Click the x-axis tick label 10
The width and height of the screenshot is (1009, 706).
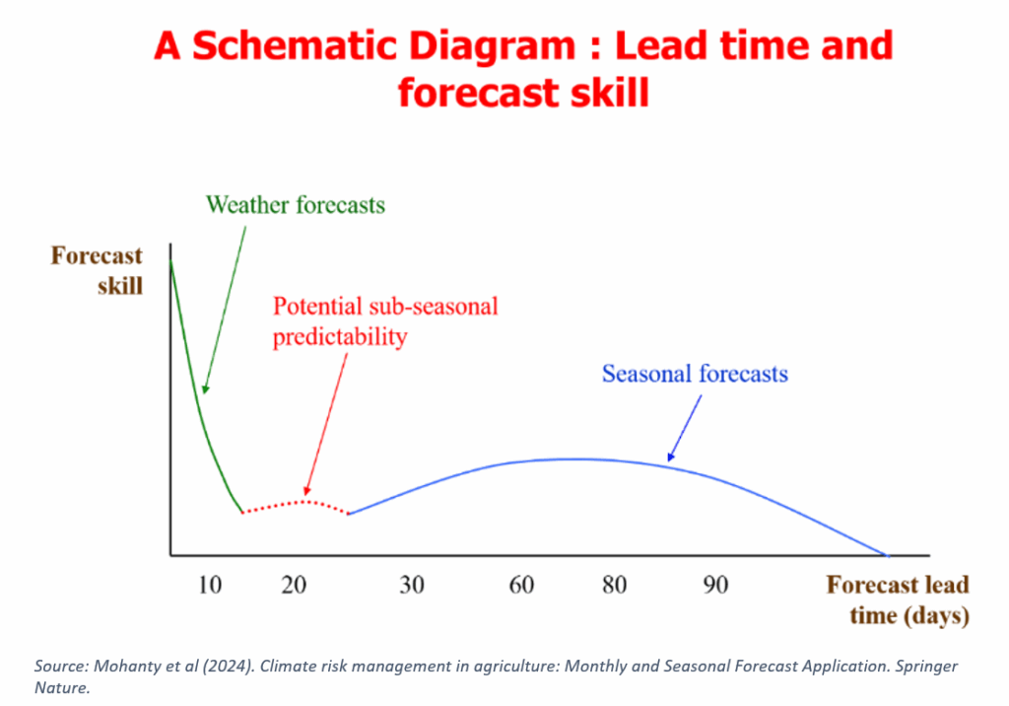tap(210, 585)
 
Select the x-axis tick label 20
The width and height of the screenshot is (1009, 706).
tap(294, 585)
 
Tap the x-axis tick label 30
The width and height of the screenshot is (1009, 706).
tap(412, 585)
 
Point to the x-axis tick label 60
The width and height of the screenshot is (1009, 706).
tap(521, 585)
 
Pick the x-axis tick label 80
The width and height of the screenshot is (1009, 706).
tap(615, 585)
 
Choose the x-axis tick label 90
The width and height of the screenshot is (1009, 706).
tap(716, 585)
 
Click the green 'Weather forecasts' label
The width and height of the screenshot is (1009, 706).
tap(295, 205)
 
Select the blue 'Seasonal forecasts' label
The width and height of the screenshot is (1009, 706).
tap(695, 374)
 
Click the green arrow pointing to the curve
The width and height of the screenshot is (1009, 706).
tap(225, 307)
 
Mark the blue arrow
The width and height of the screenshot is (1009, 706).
tap(685, 428)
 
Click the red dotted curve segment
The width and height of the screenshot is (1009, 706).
tap(296, 504)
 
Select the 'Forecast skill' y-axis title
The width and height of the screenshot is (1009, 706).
tap(97, 270)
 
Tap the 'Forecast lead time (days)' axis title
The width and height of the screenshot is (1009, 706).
tap(897, 600)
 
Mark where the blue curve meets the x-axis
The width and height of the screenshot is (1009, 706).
tap(885, 555)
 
